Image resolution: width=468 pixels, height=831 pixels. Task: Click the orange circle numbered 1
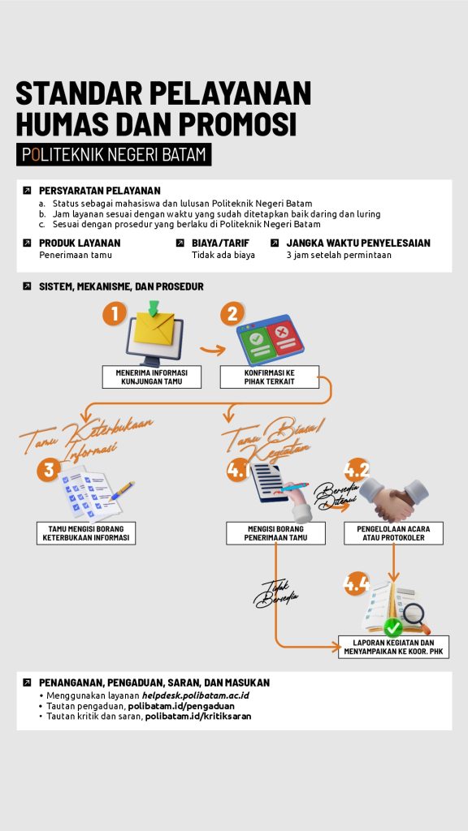[x=114, y=314]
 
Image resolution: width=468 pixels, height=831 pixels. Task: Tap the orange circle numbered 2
[x=232, y=314]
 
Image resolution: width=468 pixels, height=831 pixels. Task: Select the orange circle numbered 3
[x=49, y=470]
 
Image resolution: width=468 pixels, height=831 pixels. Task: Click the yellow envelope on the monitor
[x=154, y=329]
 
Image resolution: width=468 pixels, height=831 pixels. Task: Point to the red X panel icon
[x=285, y=338]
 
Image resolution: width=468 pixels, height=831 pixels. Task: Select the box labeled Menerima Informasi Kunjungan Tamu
[x=152, y=377]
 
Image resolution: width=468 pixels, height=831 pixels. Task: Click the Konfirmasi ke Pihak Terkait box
[x=270, y=377]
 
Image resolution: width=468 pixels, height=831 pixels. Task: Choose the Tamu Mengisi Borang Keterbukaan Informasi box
[x=86, y=533]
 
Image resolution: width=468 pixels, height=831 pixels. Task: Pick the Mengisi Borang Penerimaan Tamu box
[x=276, y=533]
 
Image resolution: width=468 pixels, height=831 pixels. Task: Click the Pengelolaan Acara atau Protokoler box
[x=394, y=533]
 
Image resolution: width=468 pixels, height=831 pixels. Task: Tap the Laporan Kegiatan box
[x=394, y=647]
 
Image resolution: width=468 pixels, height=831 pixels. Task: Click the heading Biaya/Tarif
[x=220, y=243]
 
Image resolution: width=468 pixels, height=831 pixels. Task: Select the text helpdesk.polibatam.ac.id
[x=195, y=695]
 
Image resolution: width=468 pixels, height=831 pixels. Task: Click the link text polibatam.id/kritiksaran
[x=198, y=716]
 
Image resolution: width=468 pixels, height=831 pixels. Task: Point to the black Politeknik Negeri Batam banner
[x=114, y=154]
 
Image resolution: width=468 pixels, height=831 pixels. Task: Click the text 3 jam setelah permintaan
[x=339, y=255]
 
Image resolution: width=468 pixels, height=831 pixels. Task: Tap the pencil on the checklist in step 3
[x=122, y=491]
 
